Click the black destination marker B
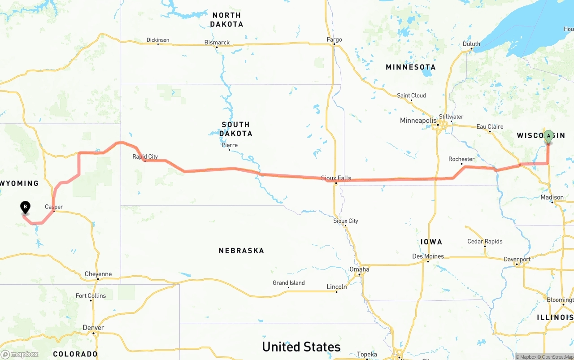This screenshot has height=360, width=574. click(26, 207)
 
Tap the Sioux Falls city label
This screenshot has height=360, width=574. click(336, 178)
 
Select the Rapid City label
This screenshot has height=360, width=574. click(145, 156)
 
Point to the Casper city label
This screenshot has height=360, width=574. click(54, 207)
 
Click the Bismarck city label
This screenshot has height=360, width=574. click(217, 43)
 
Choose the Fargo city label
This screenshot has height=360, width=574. click(334, 39)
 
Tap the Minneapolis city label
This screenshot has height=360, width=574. click(418, 121)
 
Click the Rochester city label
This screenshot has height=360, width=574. click(461, 159)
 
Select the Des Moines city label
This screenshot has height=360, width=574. click(428, 256)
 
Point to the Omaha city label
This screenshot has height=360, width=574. click(359, 269)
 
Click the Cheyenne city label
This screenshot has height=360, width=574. click(98, 274)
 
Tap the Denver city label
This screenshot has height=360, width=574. click(93, 328)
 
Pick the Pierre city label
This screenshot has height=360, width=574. click(230, 145)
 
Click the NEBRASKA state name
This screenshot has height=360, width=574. click(241, 251)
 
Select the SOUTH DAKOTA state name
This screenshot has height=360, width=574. click(235, 129)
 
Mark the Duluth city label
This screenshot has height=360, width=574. click(471, 44)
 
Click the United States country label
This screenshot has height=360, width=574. click(301, 347)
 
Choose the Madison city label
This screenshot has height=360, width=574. click(552, 197)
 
